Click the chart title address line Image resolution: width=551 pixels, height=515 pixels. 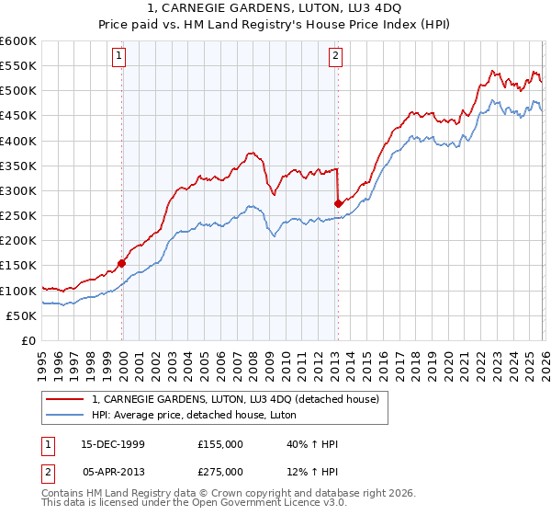tap(275, 8)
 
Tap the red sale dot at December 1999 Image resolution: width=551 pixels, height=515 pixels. tap(122, 263)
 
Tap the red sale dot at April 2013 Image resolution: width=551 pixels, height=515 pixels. tap(338, 203)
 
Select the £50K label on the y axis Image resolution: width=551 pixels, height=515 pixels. tap(20, 315)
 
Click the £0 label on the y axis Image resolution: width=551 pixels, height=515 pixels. tap(28, 340)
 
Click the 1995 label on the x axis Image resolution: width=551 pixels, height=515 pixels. tap(41, 360)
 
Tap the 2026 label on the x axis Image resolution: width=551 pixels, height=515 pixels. tap(544, 360)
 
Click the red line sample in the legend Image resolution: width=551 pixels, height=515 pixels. tap(65, 398)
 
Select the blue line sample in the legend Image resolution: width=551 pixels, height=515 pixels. tap(65, 415)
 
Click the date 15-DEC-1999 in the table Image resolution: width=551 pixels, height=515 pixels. tap(112, 444)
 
